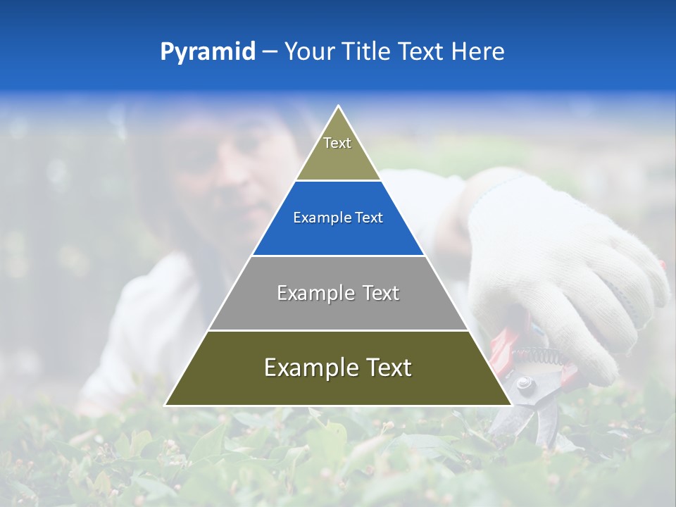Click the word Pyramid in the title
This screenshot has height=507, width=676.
click(207, 52)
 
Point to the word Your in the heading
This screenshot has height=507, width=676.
click(309, 51)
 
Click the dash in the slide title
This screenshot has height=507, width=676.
click(269, 52)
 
